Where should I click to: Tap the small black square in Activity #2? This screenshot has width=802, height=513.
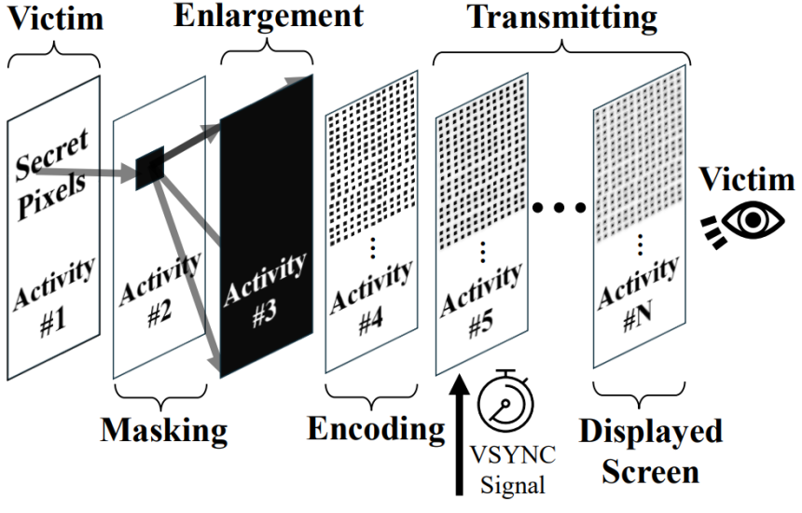click(x=150, y=168)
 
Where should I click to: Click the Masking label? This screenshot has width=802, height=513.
click(x=164, y=430)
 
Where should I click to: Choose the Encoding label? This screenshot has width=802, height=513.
click(x=375, y=429)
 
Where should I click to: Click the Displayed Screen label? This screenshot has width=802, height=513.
click(x=651, y=451)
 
